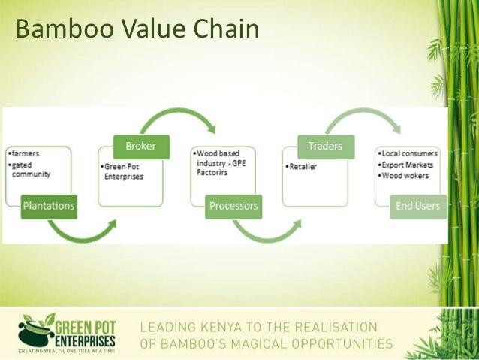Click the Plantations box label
(47, 205)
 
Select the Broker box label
(140, 144)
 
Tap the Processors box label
(233, 205)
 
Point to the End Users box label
(417, 205)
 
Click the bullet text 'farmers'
(25, 153)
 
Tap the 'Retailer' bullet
(304, 165)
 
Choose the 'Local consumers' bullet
(409, 153)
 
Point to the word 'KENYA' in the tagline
(229, 327)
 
